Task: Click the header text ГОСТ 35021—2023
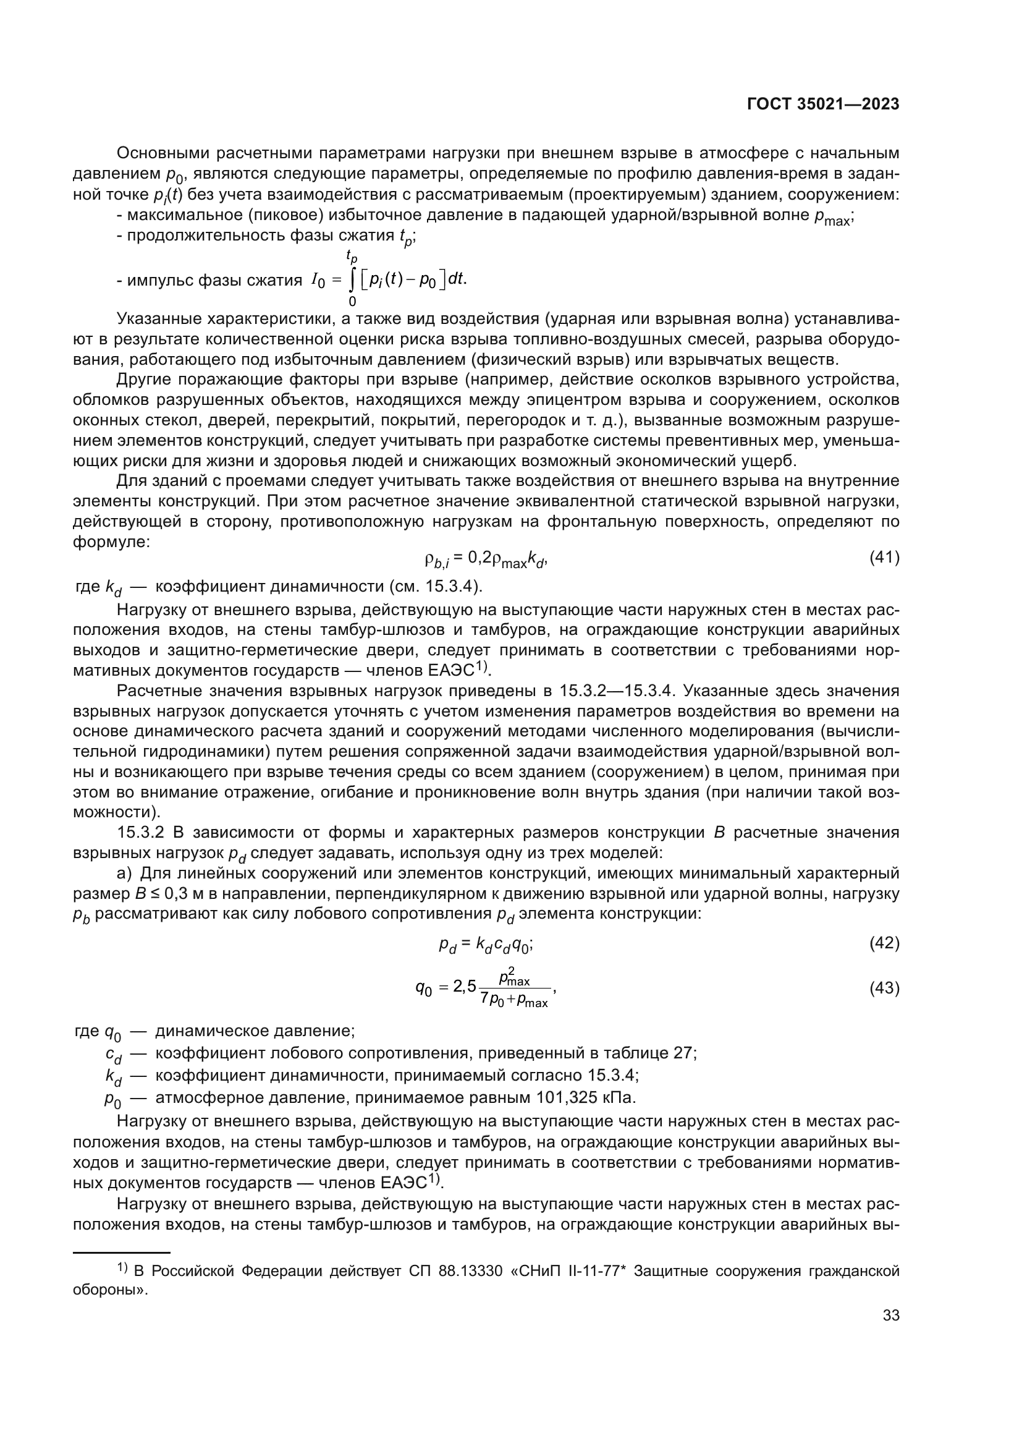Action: pos(823,104)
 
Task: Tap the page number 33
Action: pos(891,1315)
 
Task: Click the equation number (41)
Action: pos(884,558)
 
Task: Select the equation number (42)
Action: pos(884,943)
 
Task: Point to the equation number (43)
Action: pos(884,988)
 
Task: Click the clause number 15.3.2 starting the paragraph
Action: pos(140,833)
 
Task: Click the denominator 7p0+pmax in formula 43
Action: pos(513,1000)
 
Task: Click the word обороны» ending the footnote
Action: pos(110,1289)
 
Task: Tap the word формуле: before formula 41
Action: pos(111,542)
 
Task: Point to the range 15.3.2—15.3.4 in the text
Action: pos(617,691)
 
